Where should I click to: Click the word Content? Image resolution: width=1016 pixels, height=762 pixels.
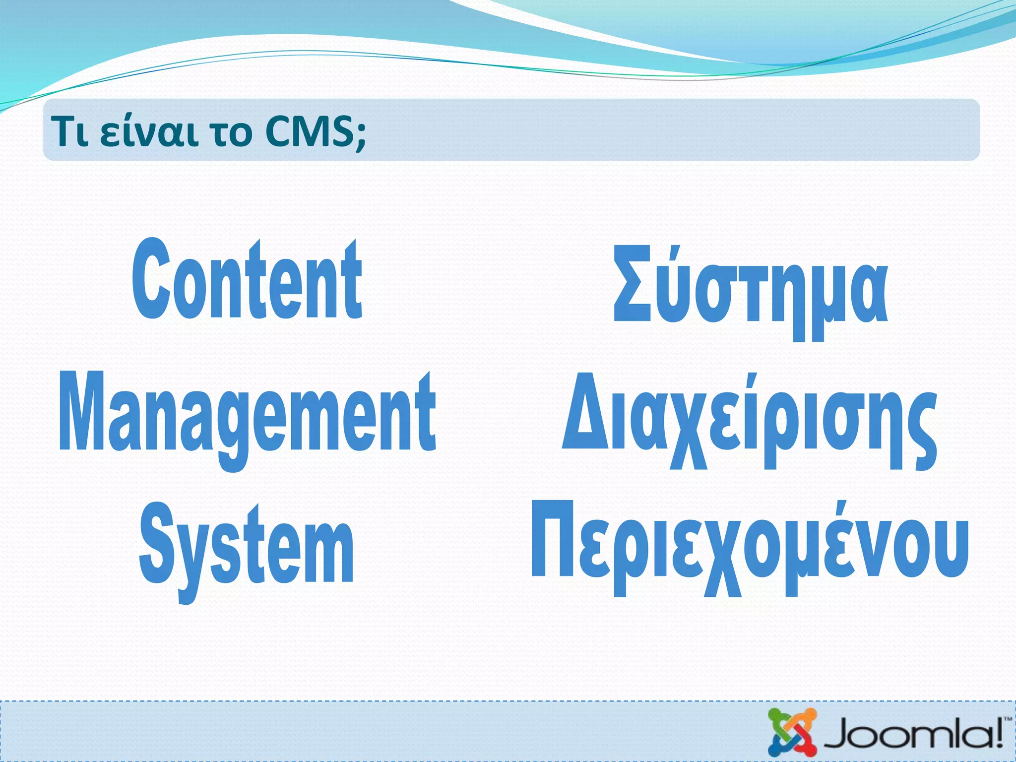click(x=247, y=280)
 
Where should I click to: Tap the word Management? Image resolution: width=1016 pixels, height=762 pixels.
click(x=247, y=414)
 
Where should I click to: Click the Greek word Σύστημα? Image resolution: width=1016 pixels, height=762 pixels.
click(x=750, y=288)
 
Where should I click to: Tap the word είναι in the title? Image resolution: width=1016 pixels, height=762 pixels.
click(x=148, y=132)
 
